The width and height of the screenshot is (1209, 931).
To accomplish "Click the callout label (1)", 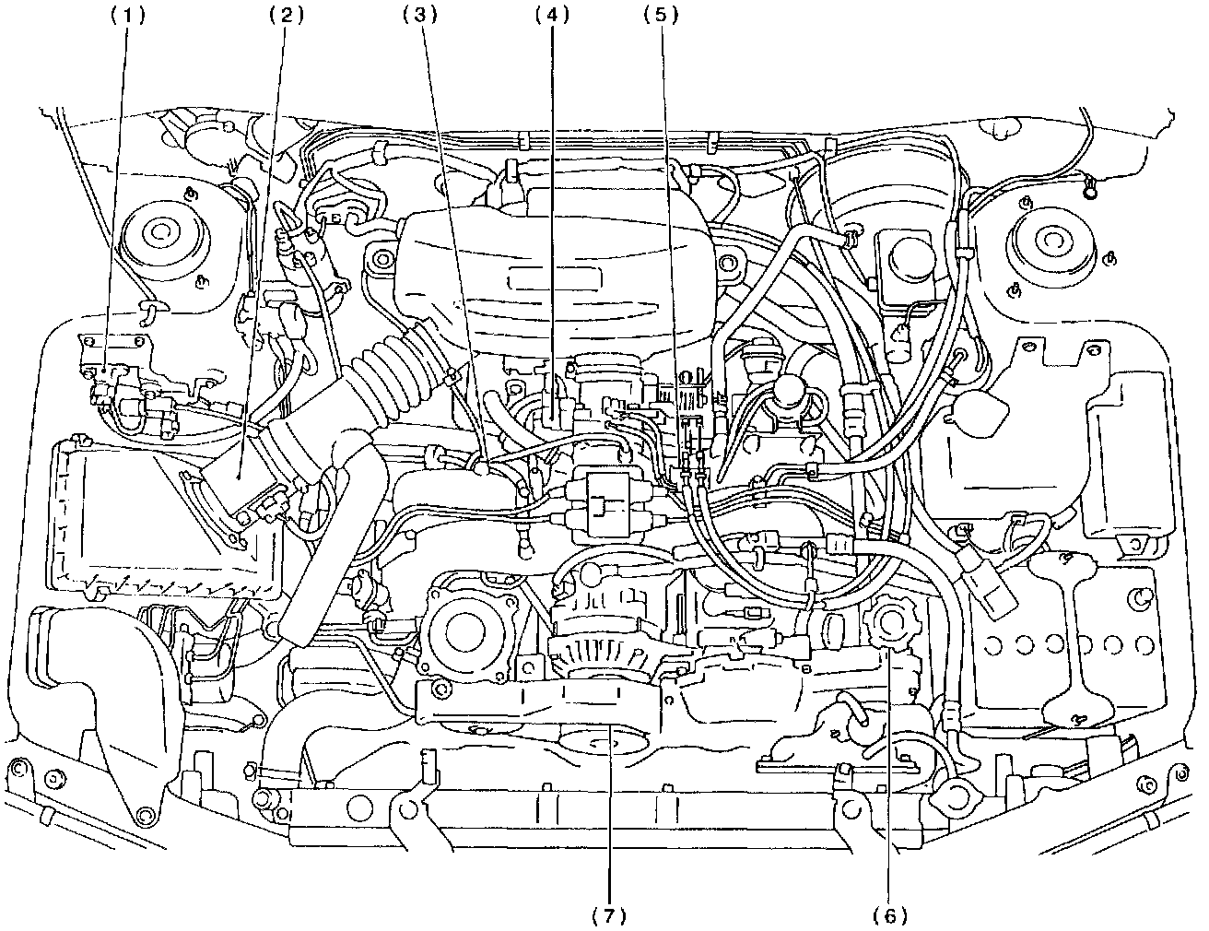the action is [x=127, y=16].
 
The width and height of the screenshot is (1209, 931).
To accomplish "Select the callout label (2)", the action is [x=288, y=16].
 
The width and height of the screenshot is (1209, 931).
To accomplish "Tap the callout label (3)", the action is [x=420, y=16].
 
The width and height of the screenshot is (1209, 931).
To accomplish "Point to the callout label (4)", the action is [x=553, y=16].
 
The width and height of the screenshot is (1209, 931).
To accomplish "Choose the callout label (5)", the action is [x=662, y=16].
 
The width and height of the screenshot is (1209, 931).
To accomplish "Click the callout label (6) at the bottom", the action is [x=889, y=914].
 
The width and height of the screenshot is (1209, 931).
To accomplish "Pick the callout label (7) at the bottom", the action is [x=609, y=914].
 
